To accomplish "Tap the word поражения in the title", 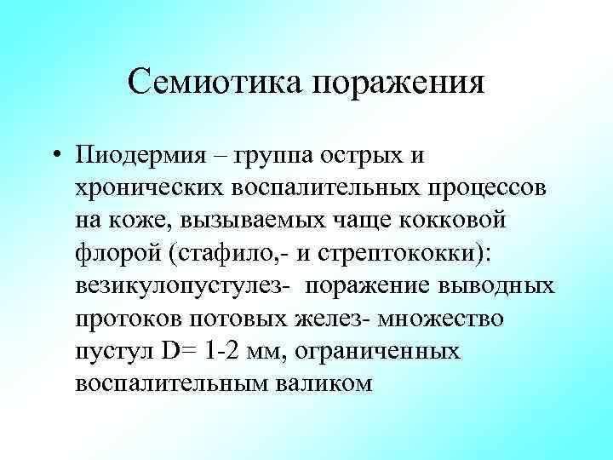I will coord(397,84).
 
